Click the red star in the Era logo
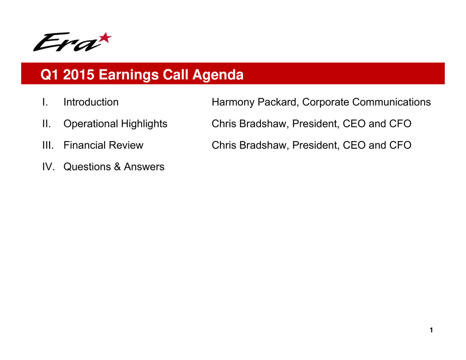105,38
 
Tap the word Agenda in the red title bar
218,74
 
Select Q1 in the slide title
50,74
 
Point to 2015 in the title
78,74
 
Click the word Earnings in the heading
128,74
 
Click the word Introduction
91,102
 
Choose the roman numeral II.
46,123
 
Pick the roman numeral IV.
48,167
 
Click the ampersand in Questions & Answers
117,167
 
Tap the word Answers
144,167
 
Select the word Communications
391,102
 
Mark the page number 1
431,330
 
